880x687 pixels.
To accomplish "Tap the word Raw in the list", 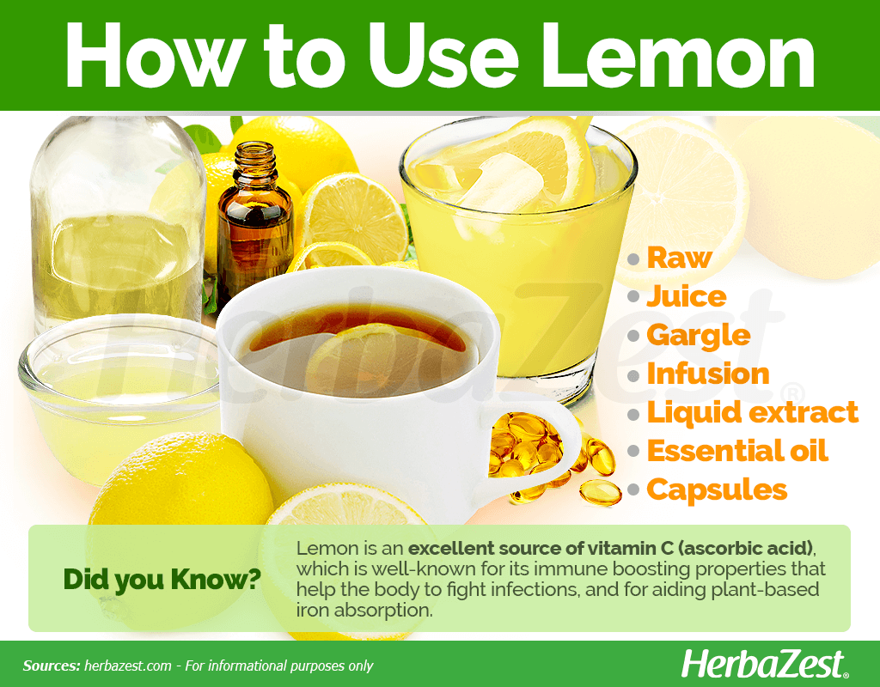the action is [x=679, y=258].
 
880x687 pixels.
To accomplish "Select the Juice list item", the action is [x=687, y=296].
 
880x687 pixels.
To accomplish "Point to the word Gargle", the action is [x=699, y=336].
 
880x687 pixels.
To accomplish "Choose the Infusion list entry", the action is [x=708, y=374].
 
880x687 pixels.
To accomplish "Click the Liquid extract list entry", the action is [x=753, y=412].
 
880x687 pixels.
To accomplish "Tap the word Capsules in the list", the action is [x=718, y=489].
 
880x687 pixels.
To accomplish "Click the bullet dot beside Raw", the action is [x=633, y=258].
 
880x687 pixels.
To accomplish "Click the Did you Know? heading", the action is [x=162, y=580].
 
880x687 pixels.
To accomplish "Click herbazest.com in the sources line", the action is [x=128, y=666].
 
